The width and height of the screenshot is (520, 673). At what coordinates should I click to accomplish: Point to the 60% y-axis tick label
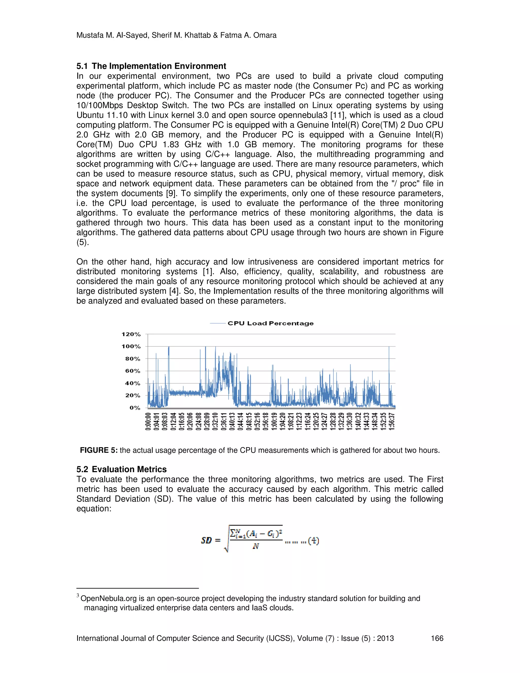point(133,371)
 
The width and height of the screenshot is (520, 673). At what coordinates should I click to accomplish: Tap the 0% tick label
point(135,408)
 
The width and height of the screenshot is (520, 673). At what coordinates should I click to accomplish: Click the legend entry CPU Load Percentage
point(270,323)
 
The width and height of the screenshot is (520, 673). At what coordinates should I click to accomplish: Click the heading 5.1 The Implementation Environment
point(151,66)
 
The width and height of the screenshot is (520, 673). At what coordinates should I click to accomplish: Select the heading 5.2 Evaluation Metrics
point(121,469)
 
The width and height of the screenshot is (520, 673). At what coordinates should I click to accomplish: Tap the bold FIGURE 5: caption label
point(99,450)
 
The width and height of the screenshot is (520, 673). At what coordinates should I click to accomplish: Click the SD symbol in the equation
point(207,540)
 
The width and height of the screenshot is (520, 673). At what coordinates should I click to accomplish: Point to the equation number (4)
point(314,540)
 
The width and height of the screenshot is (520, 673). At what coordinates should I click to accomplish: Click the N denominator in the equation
point(255,546)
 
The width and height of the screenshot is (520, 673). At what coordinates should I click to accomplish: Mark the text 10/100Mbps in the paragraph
point(100,105)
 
